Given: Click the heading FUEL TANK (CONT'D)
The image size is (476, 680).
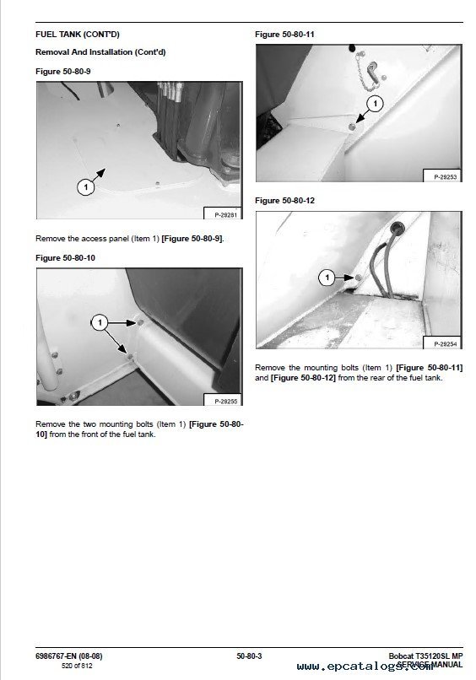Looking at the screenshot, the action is (x=78, y=35).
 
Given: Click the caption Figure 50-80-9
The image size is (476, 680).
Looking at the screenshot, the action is (x=63, y=72).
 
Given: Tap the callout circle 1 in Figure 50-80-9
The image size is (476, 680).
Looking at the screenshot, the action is (x=85, y=187).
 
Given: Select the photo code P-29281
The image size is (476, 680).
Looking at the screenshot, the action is (x=225, y=214).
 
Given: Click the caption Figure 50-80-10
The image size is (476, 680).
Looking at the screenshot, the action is (x=65, y=258).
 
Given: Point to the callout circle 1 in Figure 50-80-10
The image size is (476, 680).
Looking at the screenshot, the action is (x=100, y=322).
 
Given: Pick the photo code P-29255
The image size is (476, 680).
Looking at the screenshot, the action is (x=225, y=401).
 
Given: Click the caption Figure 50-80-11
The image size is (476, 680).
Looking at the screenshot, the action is (x=284, y=35).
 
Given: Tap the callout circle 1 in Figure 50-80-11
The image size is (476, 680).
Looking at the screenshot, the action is (x=375, y=104).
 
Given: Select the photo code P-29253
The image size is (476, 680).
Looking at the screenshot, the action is (x=445, y=177).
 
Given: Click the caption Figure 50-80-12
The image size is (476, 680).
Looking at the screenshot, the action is (x=284, y=201).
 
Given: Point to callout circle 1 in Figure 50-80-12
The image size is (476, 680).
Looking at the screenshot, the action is (x=327, y=278).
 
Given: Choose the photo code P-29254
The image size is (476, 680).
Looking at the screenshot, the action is (x=445, y=344).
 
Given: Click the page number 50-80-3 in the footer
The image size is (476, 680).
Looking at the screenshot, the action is (x=249, y=656).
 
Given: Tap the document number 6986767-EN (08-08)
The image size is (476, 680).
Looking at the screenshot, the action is (x=69, y=656).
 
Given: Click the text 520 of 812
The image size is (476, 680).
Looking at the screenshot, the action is (x=77, y=666).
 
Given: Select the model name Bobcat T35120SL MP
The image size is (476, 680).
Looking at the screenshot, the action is (x=425, y=656).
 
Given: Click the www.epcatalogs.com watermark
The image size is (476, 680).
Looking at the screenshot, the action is (x=365, y=667).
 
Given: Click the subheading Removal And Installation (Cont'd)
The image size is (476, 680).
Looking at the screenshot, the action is (x=100, y=52).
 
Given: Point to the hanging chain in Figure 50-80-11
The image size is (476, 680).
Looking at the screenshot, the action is (x=365, y=73).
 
